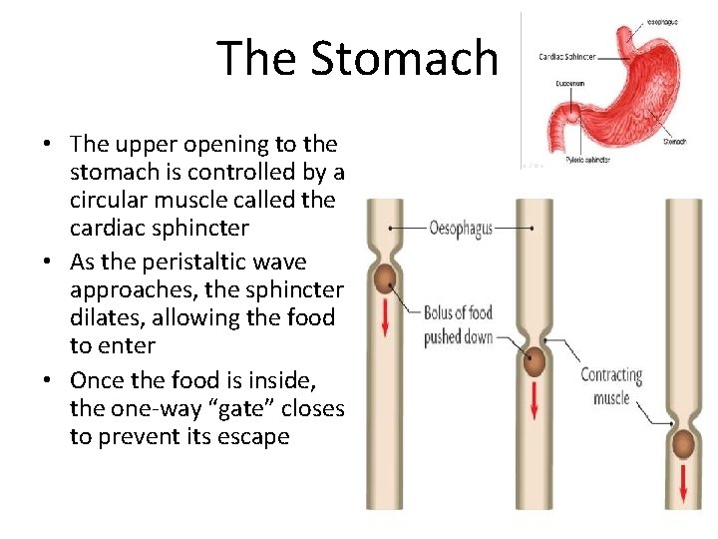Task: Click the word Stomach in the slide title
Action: (x=404, y=58)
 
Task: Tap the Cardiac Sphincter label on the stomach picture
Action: (x=567, y=57)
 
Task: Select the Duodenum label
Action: (x=571, y=83)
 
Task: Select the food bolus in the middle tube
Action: (x=536, y=362)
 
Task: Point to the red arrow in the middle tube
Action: (x=536, y=402)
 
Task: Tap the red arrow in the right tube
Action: (x=683, y=486)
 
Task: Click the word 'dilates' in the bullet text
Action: (x=101, y=318)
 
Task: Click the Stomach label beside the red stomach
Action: (x=674, y=141)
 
